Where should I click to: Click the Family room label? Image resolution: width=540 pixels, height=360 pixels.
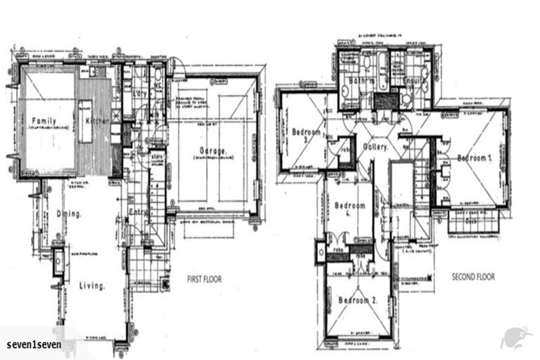pyautogui.click(x=43, y=121)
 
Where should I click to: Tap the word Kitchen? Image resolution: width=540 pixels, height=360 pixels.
pyautogui.click(x=96, y=121)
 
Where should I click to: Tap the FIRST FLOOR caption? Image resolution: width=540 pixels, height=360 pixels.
pyautogui.click(x=204, y=279)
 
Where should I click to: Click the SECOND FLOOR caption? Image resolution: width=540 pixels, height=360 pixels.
pyautogui.click(x=472, y=277)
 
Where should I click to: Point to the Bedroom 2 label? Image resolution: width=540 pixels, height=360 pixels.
pyautogui.click(x=358, y=301)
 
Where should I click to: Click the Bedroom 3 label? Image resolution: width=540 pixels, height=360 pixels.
pyautogui.click(x=306, y=135)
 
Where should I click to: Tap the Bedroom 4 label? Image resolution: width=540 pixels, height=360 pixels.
pyautogui.click(x=350, y=210)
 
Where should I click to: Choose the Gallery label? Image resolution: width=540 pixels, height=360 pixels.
pyautogui.click(x=378, y=148)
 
